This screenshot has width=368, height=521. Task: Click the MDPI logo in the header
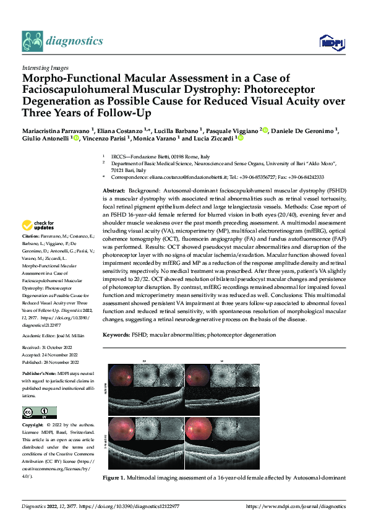[x=332, y=41]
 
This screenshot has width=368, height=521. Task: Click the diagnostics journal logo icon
[x=32, y=41]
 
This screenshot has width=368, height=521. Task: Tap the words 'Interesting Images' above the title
[x=45, y=67]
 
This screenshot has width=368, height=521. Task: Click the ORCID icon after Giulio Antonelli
[x=75, y=139]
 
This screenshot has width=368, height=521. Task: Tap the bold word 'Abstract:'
[x=114, y=191]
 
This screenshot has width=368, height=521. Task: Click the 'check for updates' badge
[x=40, y=226]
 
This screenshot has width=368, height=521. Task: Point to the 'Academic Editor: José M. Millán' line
[x=54, y=335]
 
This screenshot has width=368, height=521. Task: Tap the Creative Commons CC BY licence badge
[x=39, y=413]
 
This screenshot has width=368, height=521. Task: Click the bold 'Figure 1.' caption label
[x=115, y=478]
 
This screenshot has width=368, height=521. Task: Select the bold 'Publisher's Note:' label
[x=40, y=375]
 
